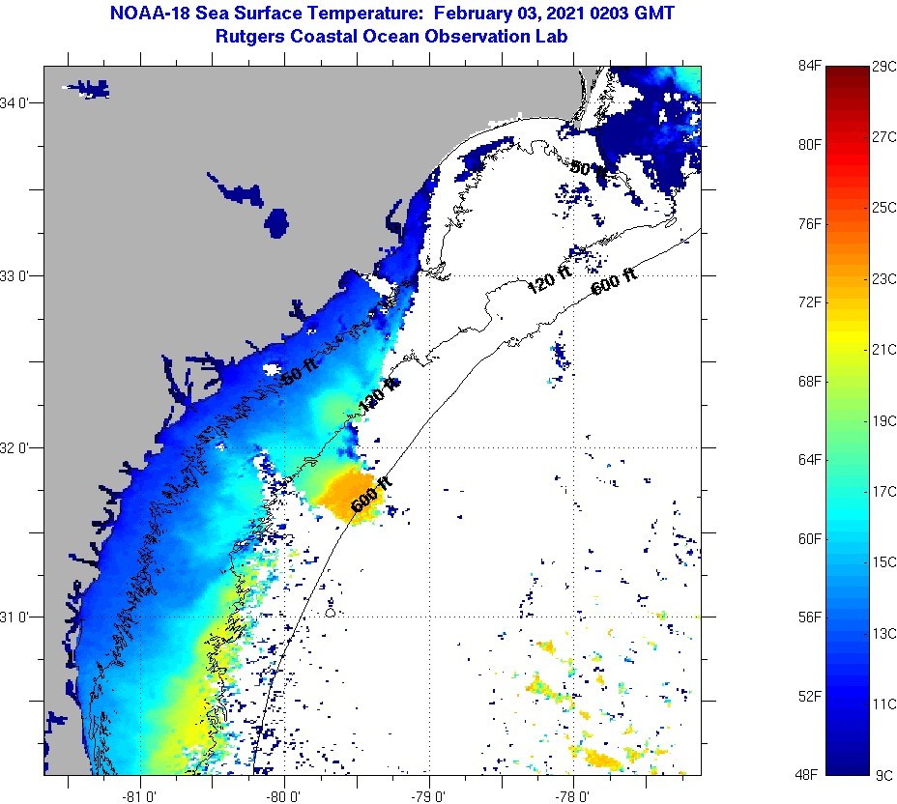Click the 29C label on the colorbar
[883, 66]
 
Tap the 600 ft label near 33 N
[615, 282]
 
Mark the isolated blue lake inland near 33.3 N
[278, 222]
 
